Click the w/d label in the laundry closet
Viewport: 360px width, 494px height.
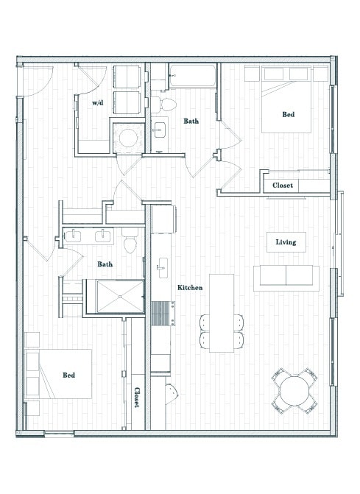[x=97, y=104]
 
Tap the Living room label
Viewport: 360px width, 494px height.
[x=286, y=242]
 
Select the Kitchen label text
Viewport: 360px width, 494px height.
[x=189, y=287]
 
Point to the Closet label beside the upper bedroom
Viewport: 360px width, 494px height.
[x=283, y=186]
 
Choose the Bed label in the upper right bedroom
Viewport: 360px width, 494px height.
[x=289, y=114]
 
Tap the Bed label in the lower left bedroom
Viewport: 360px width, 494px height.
[x=68, y=375]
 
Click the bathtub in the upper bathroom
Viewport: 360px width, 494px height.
[x=192, y=75]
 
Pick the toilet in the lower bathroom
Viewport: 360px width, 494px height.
[x=130, y=241]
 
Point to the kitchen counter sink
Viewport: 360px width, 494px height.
[x=162, y=265]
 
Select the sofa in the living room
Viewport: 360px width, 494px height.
[x=286, y=278]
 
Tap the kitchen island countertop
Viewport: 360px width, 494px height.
[x=221, y=313]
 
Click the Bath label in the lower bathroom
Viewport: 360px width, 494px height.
[x=105, y=264]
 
